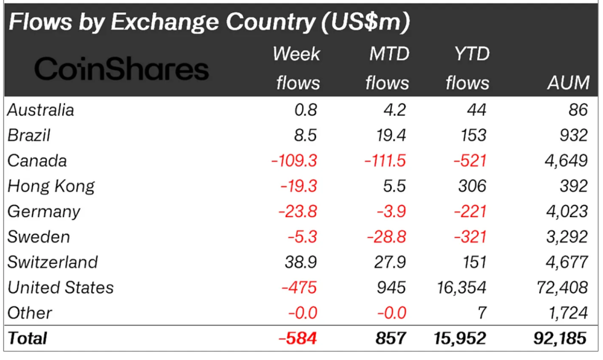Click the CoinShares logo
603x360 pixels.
tap(121, 69)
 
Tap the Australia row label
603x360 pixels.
tap(41, 110)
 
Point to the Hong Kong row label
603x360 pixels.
tap(51, 186)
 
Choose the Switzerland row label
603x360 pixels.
tap(52, 262)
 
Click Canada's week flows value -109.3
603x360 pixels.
tap(294, 161)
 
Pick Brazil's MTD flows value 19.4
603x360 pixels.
tap(388, 135)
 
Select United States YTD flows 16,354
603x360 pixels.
tap(460, 287)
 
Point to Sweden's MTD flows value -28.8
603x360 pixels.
tap(386, 237)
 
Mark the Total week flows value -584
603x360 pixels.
tap(298, 338)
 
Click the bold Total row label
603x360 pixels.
tap(28, 338)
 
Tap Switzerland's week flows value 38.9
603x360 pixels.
tap(301, 262)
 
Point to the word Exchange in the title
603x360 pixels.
tap(148, 22)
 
